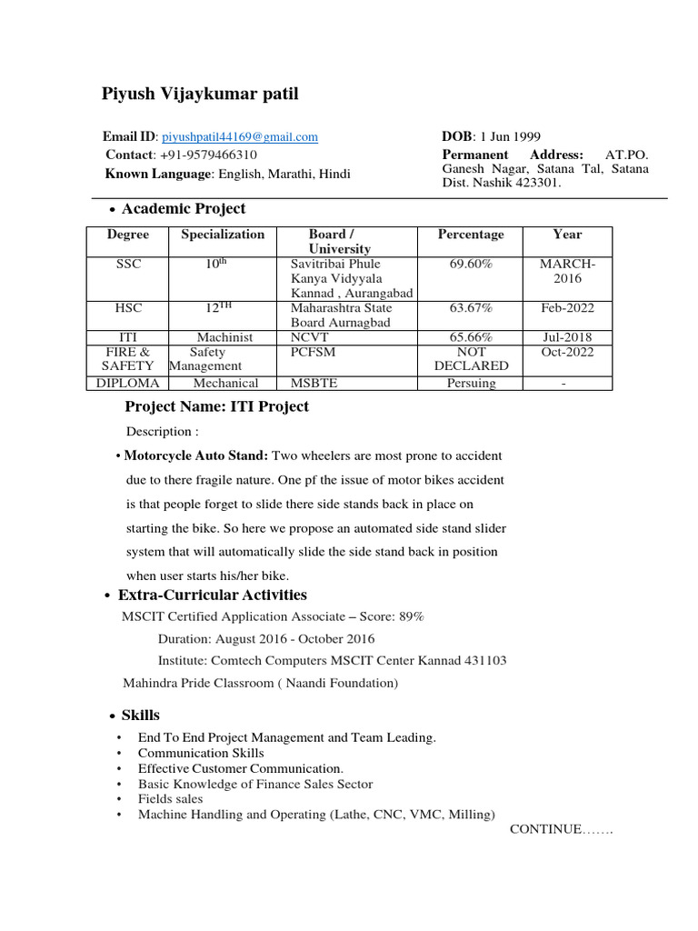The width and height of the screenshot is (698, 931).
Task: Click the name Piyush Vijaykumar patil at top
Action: [199, 95]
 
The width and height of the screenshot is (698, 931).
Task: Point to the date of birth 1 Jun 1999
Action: [509, 136]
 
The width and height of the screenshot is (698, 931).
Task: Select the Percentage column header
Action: [470, 235]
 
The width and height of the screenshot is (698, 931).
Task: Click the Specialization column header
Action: [223, 235]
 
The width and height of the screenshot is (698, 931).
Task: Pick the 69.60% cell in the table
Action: [470, 264]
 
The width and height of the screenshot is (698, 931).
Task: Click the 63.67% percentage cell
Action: [470, 308]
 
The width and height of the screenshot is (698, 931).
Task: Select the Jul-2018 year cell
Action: [566, 337]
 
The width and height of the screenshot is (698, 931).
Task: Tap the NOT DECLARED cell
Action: [471, 358]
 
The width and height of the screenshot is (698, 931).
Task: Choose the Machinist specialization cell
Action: [223, 337]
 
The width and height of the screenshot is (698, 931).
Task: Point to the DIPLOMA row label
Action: [128, 383]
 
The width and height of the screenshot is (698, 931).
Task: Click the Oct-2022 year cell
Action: [566, 352]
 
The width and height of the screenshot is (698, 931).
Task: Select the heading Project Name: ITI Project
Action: [216, 406]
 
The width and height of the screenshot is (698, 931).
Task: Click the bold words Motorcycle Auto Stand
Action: [196, 455]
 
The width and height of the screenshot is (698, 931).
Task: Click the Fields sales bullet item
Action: [171, 798]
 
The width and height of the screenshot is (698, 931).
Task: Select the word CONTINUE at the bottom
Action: [545, 829]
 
